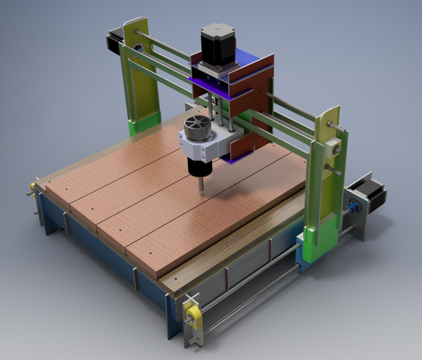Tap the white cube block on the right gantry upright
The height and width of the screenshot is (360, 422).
tap(332, 150)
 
